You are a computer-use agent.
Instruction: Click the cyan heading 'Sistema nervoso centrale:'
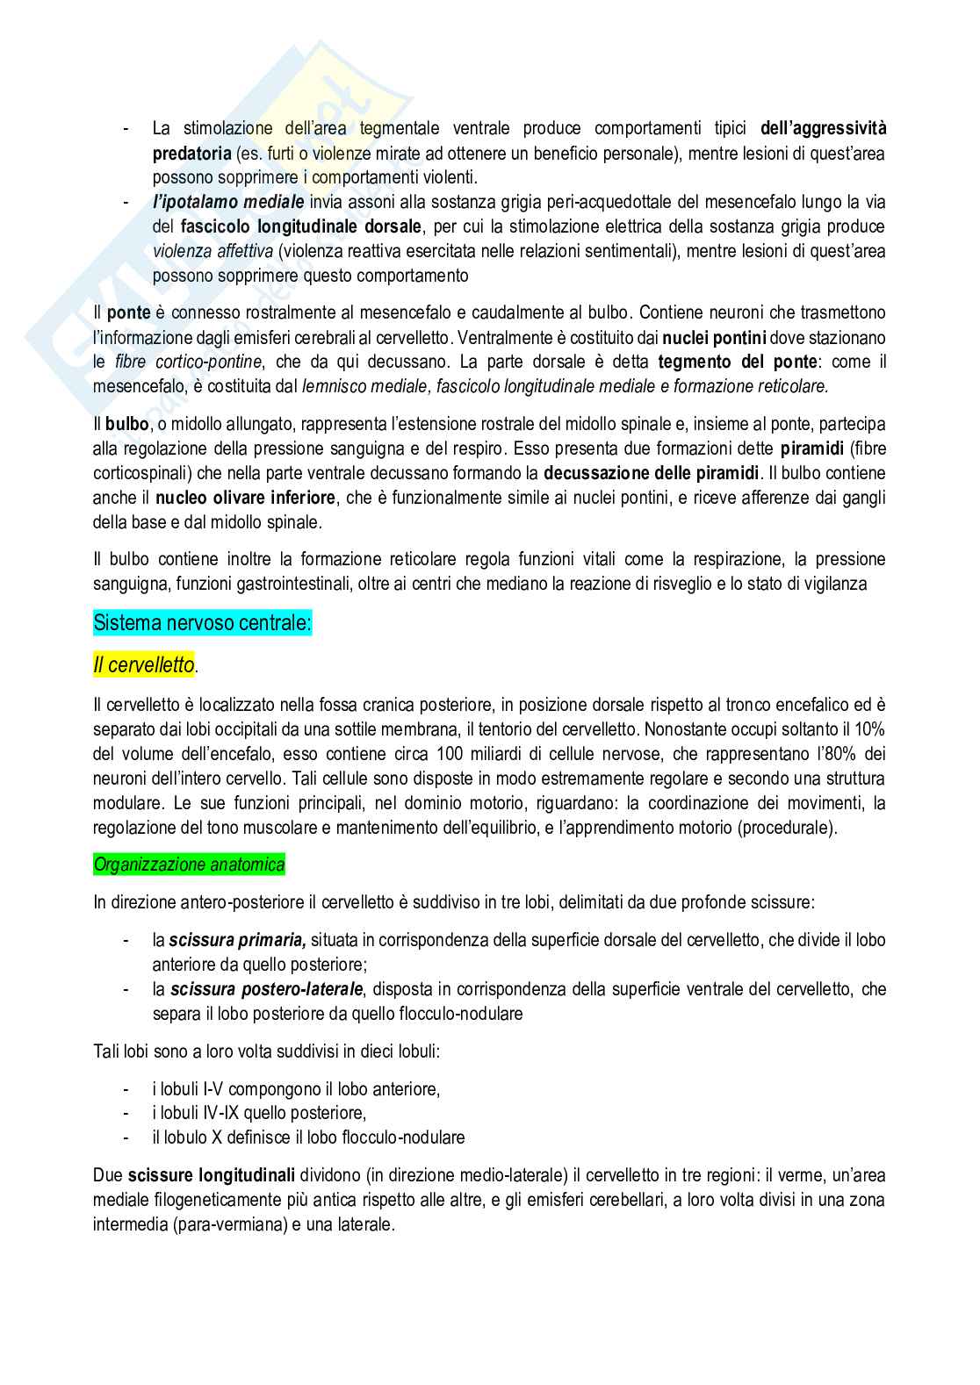click(202, 624)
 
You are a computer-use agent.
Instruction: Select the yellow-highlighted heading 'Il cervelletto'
click(143, 665)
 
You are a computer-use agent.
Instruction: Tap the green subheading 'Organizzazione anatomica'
click(189, 865)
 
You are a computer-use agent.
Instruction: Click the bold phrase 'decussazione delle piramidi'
click(652, 473)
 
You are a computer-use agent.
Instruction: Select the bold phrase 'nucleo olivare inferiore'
click(245, 498)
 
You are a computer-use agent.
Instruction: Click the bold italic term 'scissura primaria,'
click(237, 940)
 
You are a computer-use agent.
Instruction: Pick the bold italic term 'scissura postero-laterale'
click(266, 989)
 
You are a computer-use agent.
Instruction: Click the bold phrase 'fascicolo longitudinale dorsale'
click(300, 226)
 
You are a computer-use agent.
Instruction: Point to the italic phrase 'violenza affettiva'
click(213, 251)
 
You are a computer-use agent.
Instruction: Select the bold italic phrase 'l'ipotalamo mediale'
click(228, 202)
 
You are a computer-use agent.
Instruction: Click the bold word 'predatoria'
click(191, 154)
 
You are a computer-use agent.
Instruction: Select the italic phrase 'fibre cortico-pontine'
click(189, 362)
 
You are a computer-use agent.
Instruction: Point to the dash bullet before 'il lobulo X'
click(128, 1137)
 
